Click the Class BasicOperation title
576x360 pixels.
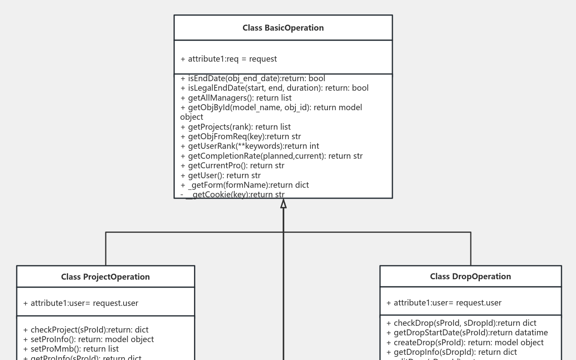pos(283,28)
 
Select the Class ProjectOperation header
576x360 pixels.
pos(105,277)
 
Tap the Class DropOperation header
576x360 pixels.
pos(470,276)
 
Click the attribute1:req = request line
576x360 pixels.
pos(229,59)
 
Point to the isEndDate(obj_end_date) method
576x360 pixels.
pos(253,78)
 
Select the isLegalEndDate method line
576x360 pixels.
pos(274,88)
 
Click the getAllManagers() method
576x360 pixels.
pos(236,98)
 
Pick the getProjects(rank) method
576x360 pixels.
pos(236,127)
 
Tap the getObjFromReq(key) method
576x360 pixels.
pos(241,136)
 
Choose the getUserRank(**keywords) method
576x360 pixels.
pos(250,146)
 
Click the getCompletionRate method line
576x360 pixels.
pos(272,156)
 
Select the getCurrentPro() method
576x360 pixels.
pos(233,165)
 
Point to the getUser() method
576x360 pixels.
pos(221,175)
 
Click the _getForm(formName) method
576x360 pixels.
pos(244,185)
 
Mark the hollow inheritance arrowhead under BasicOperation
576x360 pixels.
pos(283,204)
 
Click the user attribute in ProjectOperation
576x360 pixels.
pos(81,303)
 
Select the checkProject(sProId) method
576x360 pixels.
pos(86,330)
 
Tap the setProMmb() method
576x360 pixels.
pos(71,349)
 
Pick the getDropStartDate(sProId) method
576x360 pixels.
pos(467,333)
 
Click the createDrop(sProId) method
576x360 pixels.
pos(465,342)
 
